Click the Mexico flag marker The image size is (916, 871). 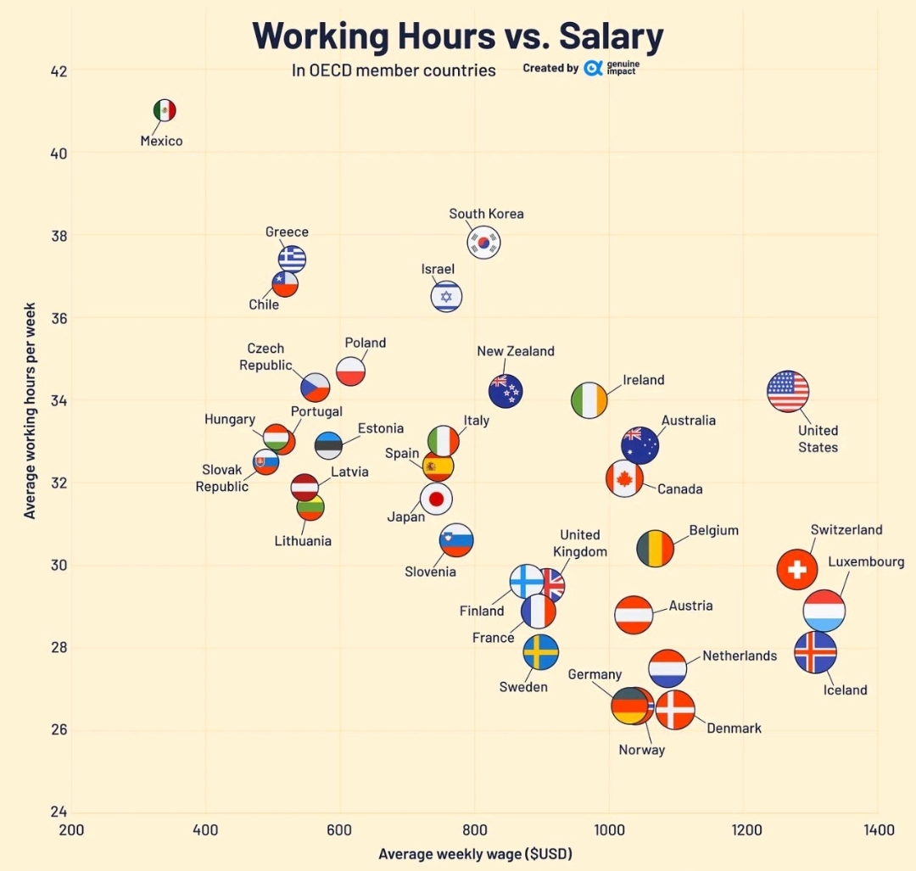point(165,110)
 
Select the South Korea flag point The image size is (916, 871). point(483,243)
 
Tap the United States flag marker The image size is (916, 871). point(788,391)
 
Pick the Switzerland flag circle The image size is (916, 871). point(796,569)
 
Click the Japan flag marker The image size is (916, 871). point(437,500)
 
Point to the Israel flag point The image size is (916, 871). point(446,297)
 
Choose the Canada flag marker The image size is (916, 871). point(624,479)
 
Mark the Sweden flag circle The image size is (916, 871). point(540,652)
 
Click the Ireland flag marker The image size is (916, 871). point(589,399)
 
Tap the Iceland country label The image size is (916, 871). point(845,690)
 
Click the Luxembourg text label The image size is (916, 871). point(866,561)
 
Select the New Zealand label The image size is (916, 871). point(516,351)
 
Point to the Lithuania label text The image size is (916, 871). point(303,541)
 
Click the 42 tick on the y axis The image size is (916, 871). point(59,70)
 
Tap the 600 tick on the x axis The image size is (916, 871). point(340,829)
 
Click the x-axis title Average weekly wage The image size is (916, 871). point(475,853)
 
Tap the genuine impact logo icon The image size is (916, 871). point(593,68)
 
